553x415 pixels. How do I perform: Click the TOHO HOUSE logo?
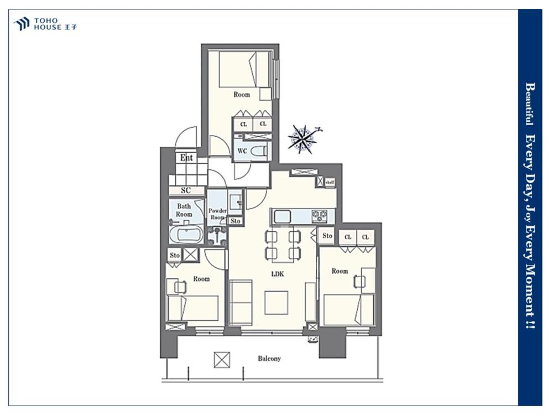tap(45, 24)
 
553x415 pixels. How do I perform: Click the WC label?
tap(242, 151)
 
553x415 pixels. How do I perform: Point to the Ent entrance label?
tap(186, 157)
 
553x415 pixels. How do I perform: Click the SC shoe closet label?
tap(186, 190)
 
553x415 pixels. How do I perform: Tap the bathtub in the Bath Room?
tap(186, 235)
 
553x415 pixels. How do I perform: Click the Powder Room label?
tap(217, 214)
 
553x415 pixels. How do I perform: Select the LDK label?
tap(278, 273)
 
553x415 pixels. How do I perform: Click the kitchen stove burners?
tap(319, 216)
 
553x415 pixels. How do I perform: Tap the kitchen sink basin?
tap(281, 216)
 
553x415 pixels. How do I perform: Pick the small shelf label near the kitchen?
tap(330, 182)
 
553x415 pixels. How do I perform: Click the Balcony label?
tap(269, 359)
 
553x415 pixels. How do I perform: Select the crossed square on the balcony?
tap(222, 360)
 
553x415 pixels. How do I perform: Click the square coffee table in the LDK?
tap(276, 303)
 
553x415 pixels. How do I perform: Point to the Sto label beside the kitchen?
tap(327, 235)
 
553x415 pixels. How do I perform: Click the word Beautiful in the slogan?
tap(530, 104)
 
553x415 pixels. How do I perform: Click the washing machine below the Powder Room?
tap(217, 236)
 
